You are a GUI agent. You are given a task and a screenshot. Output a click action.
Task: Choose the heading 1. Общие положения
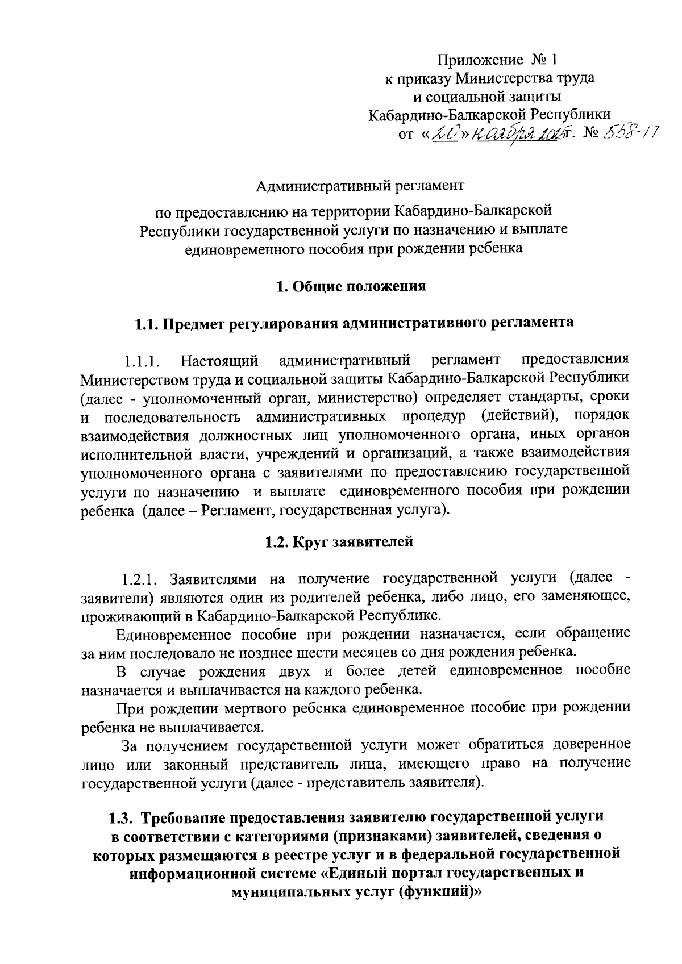point(351,286)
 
